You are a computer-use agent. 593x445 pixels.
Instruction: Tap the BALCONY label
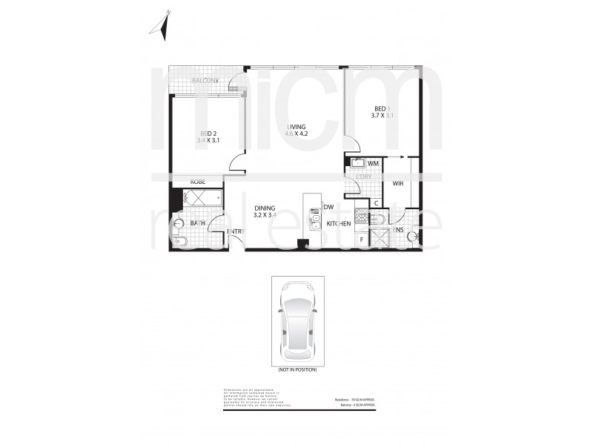point(205,80)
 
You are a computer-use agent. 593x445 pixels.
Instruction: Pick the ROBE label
point(198,182)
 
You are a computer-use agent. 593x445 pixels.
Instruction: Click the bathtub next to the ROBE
point(201,198)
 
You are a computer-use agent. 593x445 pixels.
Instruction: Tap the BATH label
point(197,222)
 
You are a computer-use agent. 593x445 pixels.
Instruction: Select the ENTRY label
point(235,232)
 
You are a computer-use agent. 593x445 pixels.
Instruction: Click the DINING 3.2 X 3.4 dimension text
point(265,216)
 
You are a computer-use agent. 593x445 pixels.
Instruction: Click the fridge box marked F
point(361,238)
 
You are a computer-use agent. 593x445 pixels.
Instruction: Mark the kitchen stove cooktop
point(361,217)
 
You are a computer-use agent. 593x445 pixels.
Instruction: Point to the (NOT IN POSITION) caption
point(297,369)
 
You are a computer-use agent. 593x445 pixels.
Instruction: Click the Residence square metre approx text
point(359,400)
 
